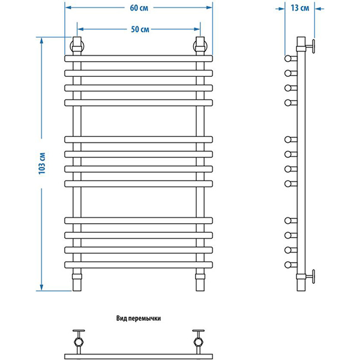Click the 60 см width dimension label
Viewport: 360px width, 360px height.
pyautogui.click(x=139, y=8)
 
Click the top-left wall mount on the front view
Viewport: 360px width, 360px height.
pyautogui.click(x=77, y=46)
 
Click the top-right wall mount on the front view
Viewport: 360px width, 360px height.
pyautogui.click(x=200, y=46)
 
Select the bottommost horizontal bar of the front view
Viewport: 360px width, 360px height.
pyautogui.click(x=139, y=265)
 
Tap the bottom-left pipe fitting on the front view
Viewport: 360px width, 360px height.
pyautogui.click(x=77, y=280)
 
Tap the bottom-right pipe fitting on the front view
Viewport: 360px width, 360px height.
pyautogui.click(x=200, y=280)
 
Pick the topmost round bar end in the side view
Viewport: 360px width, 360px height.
pyautogui.click(x=289, y=59)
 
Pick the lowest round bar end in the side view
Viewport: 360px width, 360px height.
pyautogui.click(x=289, y=265)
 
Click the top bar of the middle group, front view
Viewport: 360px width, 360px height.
pyautogui.click(x=139, y=139)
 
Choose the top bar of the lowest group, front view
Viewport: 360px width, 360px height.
pyautogui.click(x=139, y=220)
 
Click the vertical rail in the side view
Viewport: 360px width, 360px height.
pyautogui.click(x=301, y=162)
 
